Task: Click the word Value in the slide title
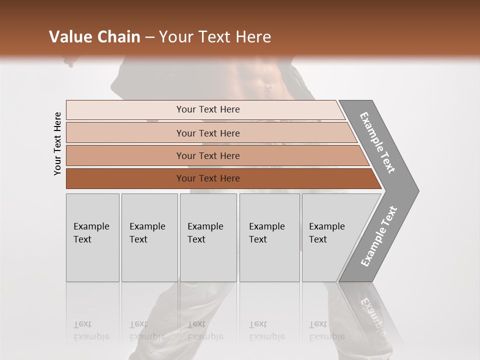coord(69,37)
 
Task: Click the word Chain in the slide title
coord(118,37)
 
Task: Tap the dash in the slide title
coord(149,37)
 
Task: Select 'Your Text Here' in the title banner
coord(215,37)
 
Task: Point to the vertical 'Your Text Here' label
coord(57,144)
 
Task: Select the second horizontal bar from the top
coord(207,133)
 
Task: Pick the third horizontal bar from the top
coord(207,155)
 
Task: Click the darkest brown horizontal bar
coord(207,178)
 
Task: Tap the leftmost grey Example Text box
coord(92,237)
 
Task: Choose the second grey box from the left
coord(149,237)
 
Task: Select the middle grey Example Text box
coord(208,237)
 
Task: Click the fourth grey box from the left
coord(269,237)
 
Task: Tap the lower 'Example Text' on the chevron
coord(378,236)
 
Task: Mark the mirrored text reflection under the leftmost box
coord(91,330)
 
